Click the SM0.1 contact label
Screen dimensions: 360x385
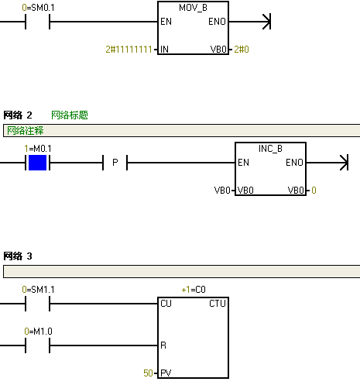[x=38, y=8]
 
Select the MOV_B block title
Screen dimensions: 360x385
[x=193, y=8]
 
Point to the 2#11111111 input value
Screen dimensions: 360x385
[x=129, y=49]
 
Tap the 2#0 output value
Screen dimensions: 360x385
[x=242, y=49]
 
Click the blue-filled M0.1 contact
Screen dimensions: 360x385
[x=37, y=163]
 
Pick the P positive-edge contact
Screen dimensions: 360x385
[x=115, y=163]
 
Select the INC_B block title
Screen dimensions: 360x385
[x=270, y=149]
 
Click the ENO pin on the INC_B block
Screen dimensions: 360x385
[x=294, y=163]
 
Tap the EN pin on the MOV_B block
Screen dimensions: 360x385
[x=166, y=22]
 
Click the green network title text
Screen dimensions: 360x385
[x=70, y=115]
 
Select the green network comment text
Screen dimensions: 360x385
[x=25, y=131]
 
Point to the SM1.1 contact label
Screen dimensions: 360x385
[x=38, y=290]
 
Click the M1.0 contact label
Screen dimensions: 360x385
[x=38, y=332]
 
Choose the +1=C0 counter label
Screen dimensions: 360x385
[x=194, y=290]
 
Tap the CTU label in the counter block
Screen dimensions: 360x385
[x=218, y=304]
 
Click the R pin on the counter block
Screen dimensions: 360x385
[x=163, y=345]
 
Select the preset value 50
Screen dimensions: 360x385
[x=148, y=373]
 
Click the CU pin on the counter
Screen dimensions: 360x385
[x=166, y=304]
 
